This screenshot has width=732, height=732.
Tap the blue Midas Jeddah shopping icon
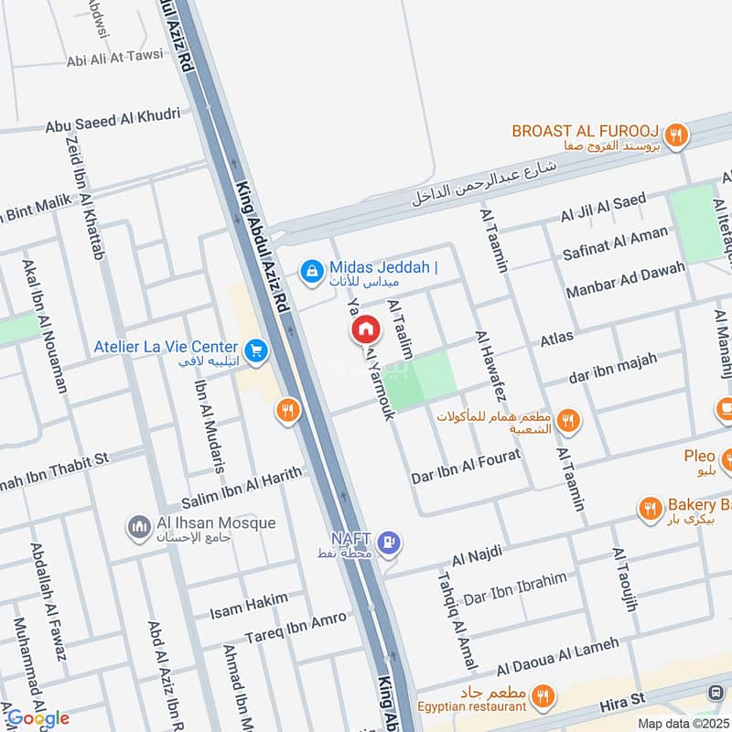[312, 270]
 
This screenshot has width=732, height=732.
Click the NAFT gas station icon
[390, 543]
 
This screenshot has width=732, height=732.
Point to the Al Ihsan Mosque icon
[139, 527]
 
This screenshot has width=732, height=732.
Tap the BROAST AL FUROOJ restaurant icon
[675, 135]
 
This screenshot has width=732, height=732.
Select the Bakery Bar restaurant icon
[651, 507]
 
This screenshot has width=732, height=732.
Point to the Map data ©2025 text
[682, 723]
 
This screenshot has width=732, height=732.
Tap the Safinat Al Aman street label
[616, 241]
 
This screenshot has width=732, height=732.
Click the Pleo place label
[699, 457]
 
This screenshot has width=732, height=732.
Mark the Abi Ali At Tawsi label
[114, 57]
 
